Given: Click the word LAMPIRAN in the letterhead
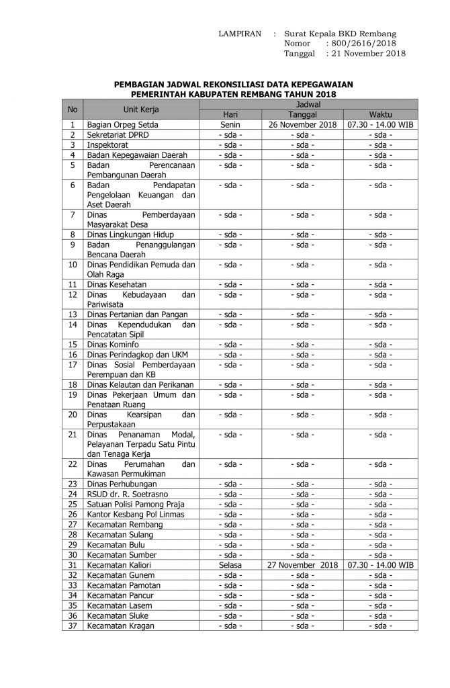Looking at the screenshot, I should (x=240, y=34).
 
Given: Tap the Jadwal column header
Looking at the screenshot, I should (x=308, y=105).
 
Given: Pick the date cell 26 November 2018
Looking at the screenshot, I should (x=302, y=125).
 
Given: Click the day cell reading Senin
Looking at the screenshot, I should (x=230, y=125).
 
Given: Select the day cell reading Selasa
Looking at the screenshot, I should (x=230, y=565).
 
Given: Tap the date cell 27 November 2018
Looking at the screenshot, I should (x=302, y=565).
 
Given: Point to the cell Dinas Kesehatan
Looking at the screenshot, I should (x=117, y=285).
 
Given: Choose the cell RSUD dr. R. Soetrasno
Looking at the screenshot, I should (x=123, y=494).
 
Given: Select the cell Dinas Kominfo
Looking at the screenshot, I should (x=112, y=345).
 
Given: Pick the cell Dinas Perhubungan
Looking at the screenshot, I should (x=122, y=484).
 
